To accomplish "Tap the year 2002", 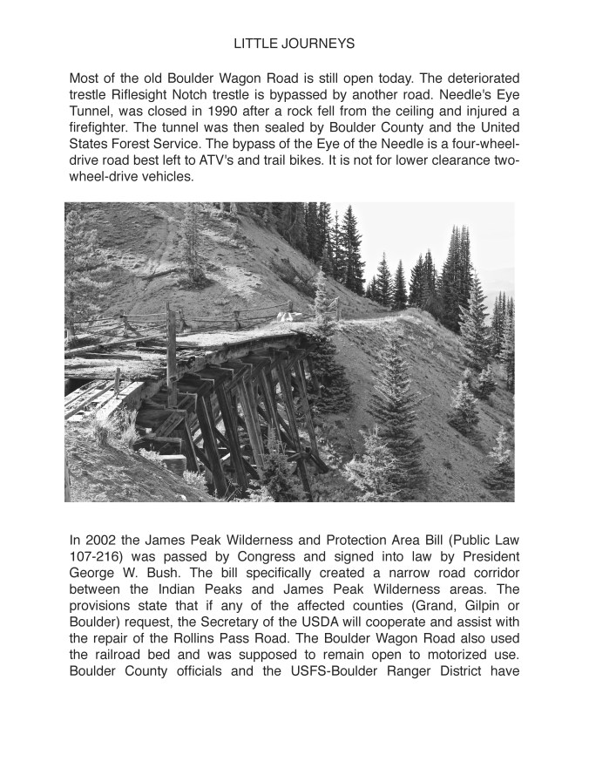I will pos(103,539).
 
